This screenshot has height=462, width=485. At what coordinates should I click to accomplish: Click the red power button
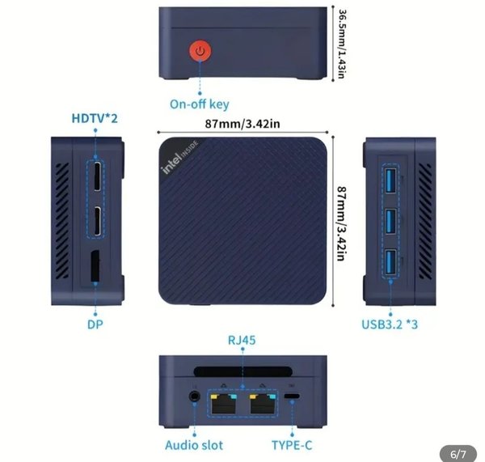coord(200,51)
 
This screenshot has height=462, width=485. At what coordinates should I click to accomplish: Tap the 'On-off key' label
coord(200,104)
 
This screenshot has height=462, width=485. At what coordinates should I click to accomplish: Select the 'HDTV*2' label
coord(95,118)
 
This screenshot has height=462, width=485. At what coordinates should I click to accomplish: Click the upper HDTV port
coord(98,176)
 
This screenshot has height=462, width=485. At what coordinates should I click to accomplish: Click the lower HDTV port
coord(98,221)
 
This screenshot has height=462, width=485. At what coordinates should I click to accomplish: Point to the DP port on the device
coord(95,266)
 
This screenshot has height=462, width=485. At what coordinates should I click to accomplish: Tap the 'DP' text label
coord(95,324)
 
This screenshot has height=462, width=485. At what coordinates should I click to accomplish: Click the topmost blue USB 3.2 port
coord(390,180)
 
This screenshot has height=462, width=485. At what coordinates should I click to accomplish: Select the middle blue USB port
coord(390,222)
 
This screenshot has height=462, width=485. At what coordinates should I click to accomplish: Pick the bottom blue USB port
coord(390,262)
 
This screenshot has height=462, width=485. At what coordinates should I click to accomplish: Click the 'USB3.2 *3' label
coord(390,324)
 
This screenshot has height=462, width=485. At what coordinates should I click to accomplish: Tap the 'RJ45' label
coord(242,340)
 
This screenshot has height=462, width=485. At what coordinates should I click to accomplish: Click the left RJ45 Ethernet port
coord(223,404)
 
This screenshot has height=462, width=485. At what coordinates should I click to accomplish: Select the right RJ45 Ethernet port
coord(263,404)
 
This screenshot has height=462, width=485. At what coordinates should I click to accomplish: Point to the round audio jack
coord(194,396)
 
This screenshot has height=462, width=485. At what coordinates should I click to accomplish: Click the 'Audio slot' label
coord(194,445)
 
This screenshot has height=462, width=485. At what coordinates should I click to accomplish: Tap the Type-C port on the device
coord(292,396)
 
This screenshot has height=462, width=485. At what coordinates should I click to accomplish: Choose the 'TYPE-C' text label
coord(292,445)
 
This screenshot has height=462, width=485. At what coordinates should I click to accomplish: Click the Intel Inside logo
coord(179,157)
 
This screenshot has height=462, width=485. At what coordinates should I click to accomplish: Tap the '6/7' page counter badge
coord(458,454)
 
